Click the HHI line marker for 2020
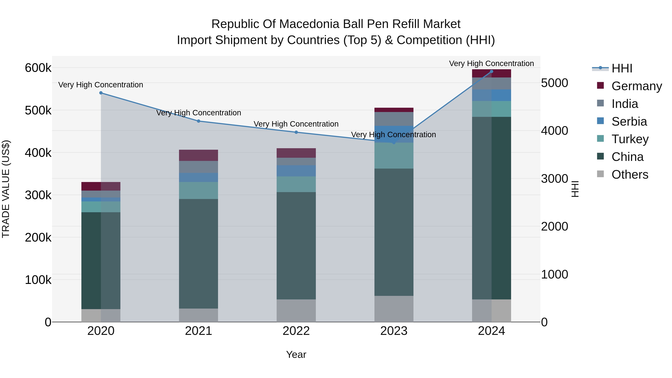(101, 93)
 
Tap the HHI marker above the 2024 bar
(491, 71)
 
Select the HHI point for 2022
(296, 132)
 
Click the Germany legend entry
(637, 86)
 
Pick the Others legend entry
(630, 175)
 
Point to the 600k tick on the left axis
(38, 68)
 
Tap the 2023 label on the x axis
(394, 331)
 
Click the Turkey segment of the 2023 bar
(394, 155)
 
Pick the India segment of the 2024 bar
(491, 83)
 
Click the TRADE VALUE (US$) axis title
(6, 189)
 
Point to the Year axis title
(296, 354)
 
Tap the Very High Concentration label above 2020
(101, 85)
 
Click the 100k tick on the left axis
(38, 280)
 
